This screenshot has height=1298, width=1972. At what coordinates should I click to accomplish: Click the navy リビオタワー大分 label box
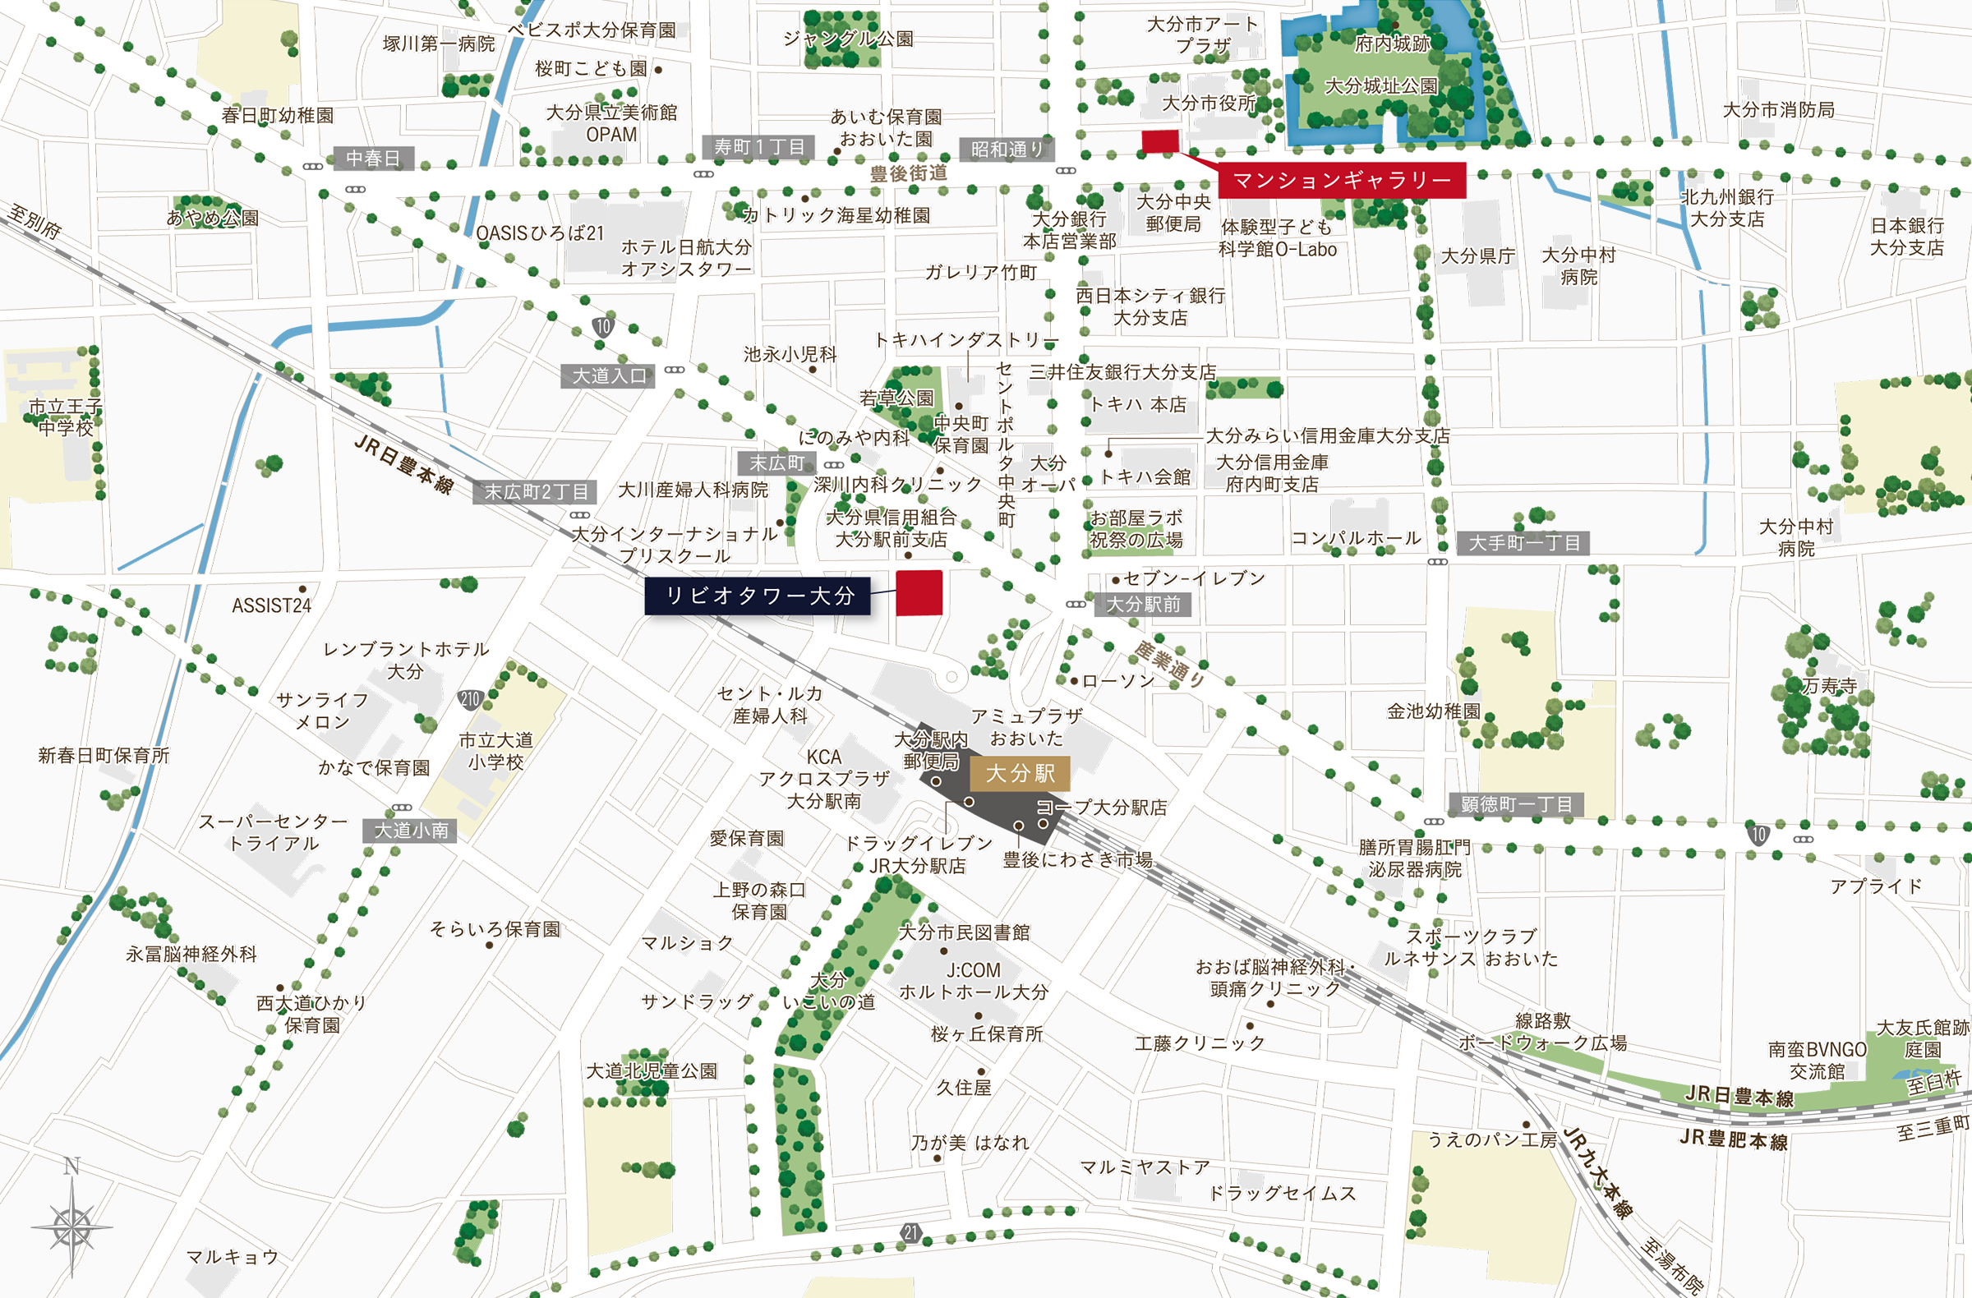pos(757,596)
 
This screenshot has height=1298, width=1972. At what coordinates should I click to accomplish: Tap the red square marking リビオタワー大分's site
pos(919,593)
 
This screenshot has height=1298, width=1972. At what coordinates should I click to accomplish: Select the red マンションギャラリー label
pos(1342,180)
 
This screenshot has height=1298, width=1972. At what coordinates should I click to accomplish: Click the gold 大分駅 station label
pos(1020,773)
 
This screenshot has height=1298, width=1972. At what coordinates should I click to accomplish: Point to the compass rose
pos(72,1225)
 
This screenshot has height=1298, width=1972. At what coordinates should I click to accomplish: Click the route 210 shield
pos(470,698)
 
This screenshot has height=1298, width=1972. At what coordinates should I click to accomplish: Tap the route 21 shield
pos(910,1232)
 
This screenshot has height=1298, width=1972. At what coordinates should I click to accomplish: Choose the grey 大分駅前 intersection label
pos(1144,605)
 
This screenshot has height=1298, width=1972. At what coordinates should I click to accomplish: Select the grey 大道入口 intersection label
pos(609,376)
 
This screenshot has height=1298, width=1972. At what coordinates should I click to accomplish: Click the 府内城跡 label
pos(1392,44)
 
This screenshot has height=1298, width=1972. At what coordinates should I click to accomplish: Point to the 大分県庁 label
pos(1477,256)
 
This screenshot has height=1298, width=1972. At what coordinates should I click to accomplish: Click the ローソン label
pos(1117,681)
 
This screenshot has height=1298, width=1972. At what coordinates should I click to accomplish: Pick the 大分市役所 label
pos(1209,104)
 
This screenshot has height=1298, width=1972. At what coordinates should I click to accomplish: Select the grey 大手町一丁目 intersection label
pos(1523,543)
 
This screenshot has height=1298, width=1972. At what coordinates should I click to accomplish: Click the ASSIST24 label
pos(271,605)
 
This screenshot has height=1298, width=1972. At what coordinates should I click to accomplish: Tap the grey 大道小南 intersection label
pos(410,830)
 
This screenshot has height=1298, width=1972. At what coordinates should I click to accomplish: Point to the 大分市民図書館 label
pos(965,932)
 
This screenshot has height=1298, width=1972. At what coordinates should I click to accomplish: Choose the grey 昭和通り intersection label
pos(1007,149)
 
